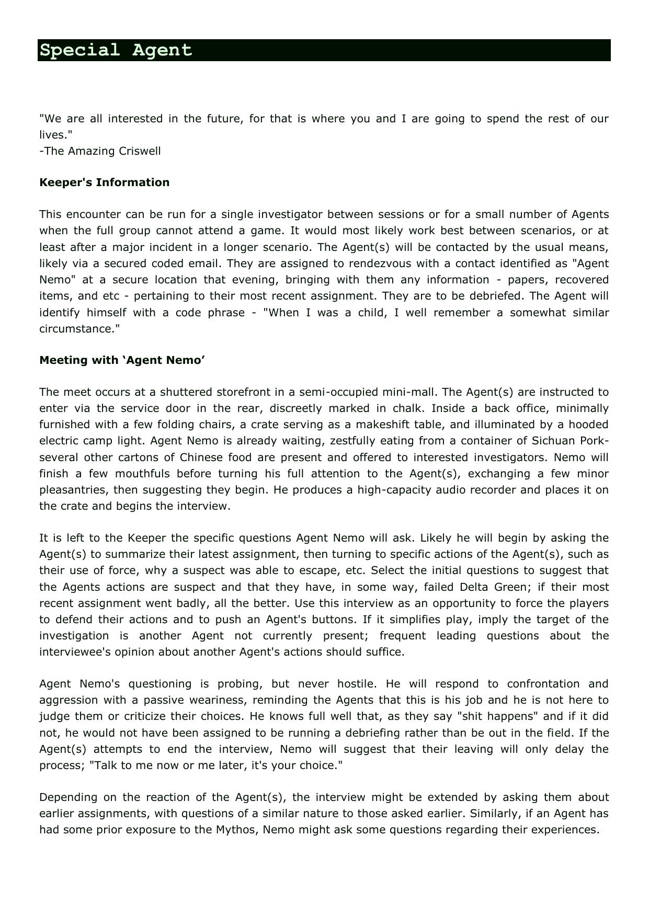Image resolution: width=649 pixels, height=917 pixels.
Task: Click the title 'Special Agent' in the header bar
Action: [116, 50]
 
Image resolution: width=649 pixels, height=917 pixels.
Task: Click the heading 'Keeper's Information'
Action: [104, 182]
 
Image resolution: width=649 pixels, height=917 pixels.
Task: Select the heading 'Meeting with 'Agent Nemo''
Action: [122, 360]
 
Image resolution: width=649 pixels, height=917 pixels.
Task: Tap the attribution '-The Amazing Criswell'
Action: [100, 151]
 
